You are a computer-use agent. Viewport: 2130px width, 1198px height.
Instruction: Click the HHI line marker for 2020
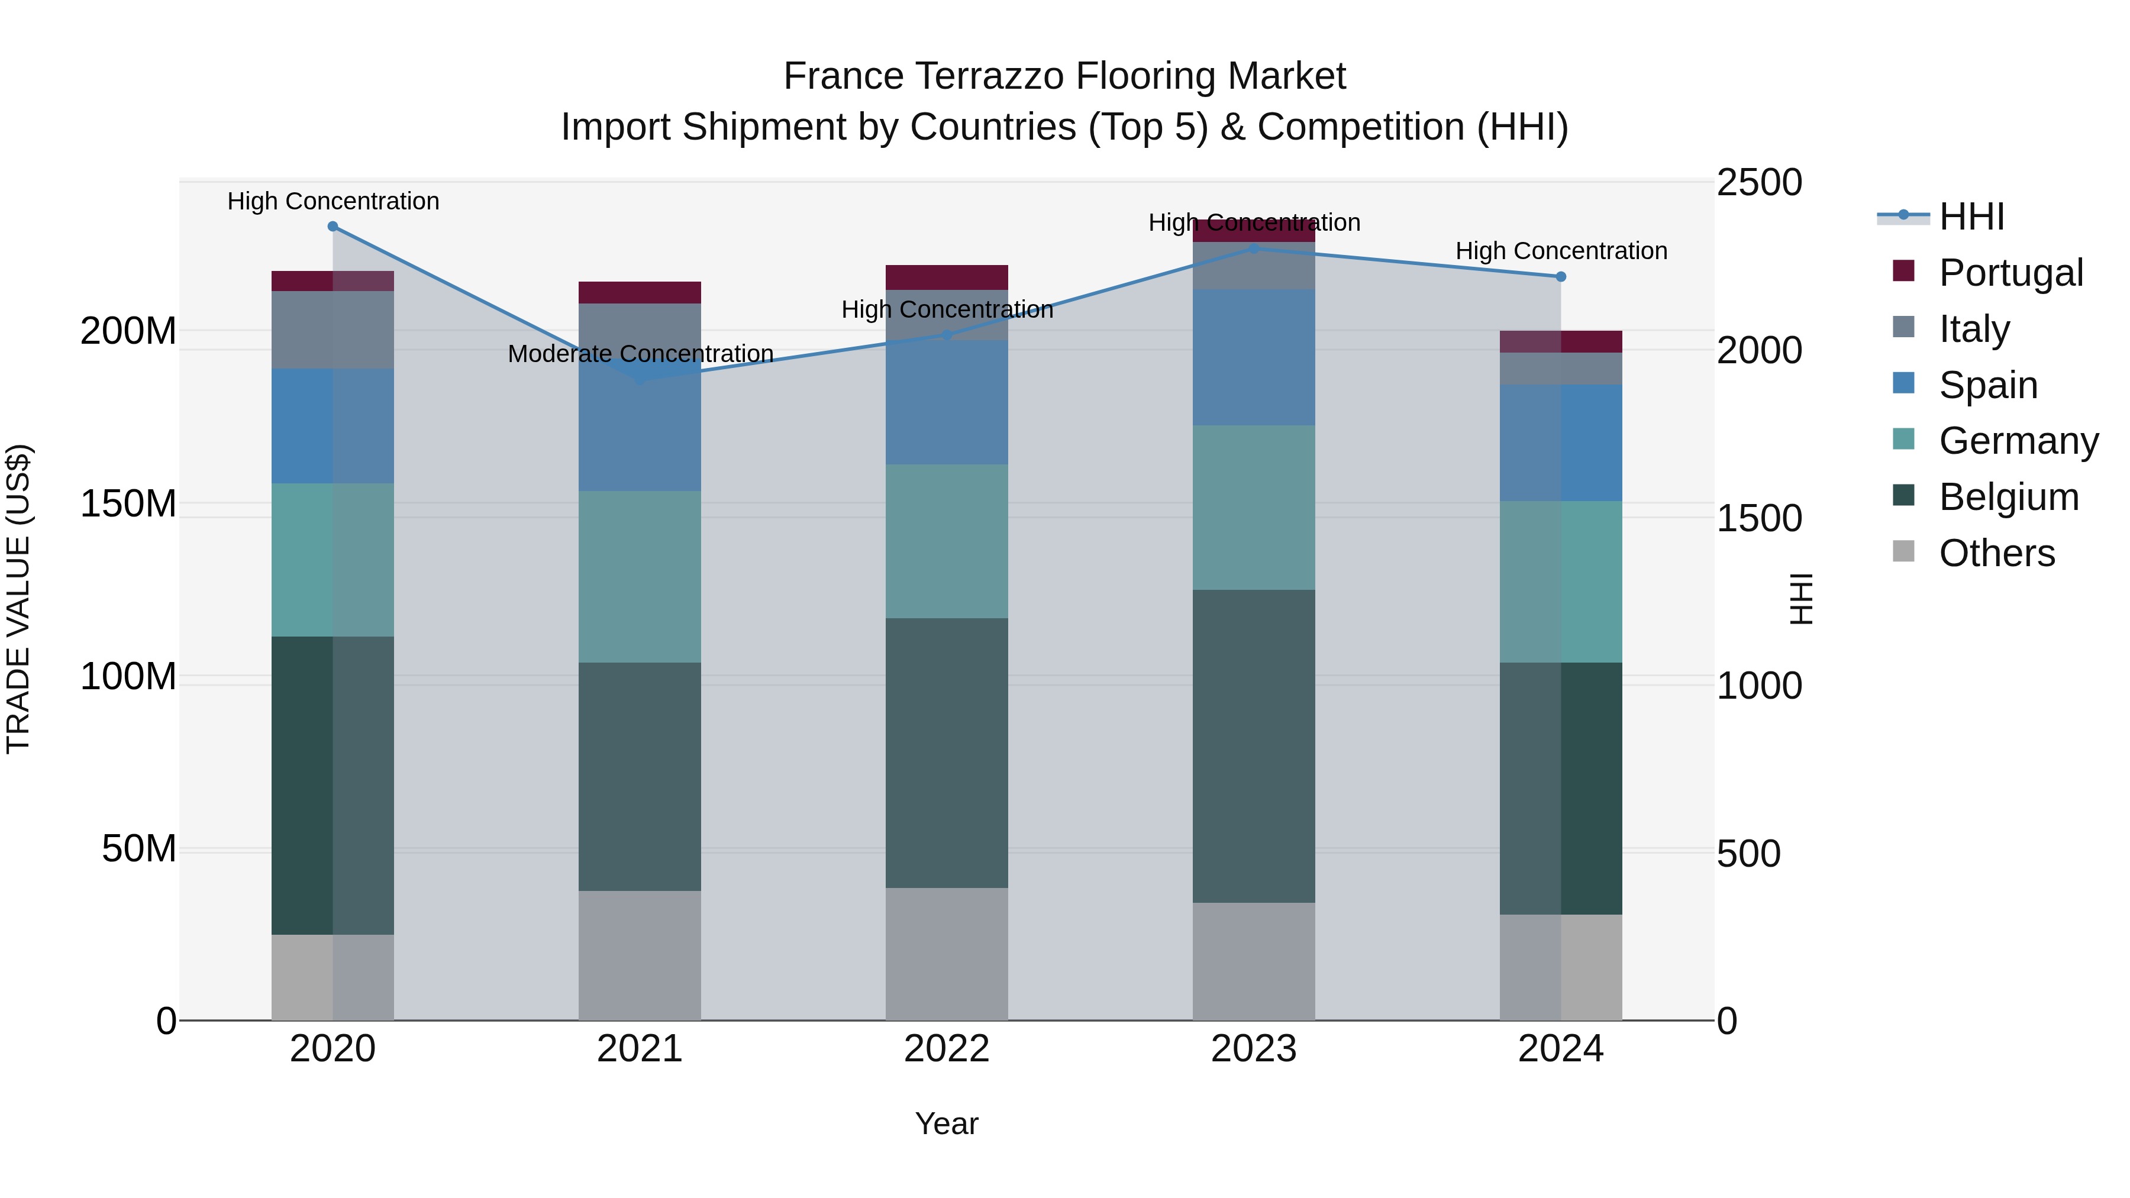tap(333, 227)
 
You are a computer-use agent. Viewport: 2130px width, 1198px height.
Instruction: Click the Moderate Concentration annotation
tap(640, 354)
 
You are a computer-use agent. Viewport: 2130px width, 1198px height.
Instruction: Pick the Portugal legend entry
tap(2010, 273)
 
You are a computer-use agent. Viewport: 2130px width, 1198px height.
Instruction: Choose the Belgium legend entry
tap(2008, 497)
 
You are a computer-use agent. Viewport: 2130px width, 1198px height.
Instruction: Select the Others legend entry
tap(1996, 553)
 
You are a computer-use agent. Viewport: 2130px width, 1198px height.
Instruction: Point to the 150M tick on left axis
tap(128, 503)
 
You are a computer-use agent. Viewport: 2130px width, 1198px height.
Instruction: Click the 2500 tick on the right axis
tap(1759, 183)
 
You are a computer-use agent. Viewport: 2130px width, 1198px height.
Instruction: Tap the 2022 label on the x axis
tap(946, 1049)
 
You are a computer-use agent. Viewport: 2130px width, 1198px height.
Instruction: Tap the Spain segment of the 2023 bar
tap(1254, 357)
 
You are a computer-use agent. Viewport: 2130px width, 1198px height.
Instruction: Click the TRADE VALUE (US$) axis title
tap(18, 599)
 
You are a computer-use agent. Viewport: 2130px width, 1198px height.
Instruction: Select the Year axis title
tap(946, 1123)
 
